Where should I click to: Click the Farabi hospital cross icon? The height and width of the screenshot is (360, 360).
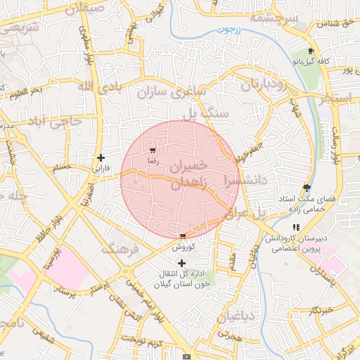101,157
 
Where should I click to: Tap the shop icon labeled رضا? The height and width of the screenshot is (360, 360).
153,150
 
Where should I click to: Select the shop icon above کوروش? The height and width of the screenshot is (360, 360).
183,236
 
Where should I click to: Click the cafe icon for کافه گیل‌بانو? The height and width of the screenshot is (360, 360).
311,51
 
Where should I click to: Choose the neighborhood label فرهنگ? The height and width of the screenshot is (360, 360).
120,249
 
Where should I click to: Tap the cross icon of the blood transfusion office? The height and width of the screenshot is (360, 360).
182,262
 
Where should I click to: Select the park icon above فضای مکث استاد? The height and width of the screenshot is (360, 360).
306,188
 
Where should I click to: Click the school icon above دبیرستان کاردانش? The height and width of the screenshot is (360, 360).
296,228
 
